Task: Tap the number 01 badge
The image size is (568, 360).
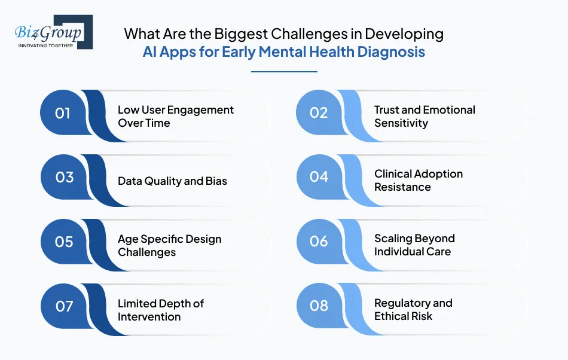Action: point(63,113)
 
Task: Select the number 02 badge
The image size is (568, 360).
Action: point(319,113)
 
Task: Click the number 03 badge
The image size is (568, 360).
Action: point(63,178)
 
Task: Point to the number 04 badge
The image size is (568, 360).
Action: point(319,177)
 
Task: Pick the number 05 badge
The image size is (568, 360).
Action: point(63,242)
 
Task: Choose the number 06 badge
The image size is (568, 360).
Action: point(319,241)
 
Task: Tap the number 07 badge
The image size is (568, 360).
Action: point(63,306)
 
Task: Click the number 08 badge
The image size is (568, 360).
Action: point(319,306)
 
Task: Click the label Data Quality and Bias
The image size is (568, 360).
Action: point(172,181)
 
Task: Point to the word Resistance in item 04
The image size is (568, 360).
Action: point(402,187)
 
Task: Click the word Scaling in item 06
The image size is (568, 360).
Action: point(394,239)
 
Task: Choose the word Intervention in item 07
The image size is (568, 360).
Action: point(149,317)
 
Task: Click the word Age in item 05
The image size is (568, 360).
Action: point(128,239)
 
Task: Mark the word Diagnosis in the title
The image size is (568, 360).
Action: point(391,52)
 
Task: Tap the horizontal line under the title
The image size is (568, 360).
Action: point(284,72)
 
